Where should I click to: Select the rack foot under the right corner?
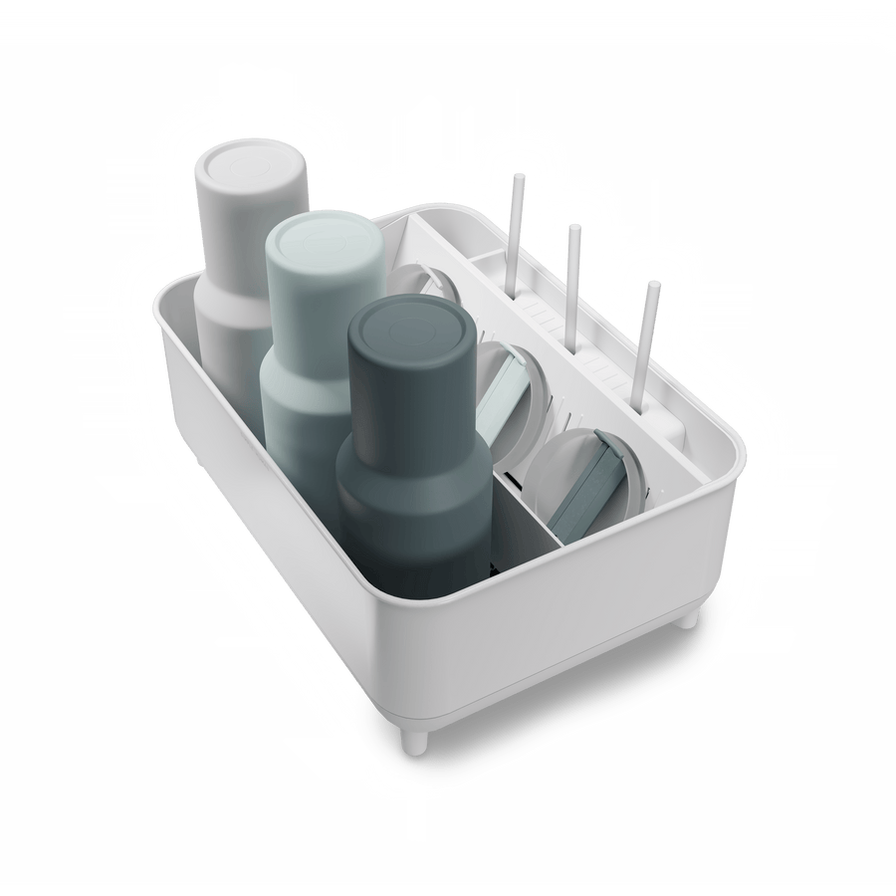point(686,615)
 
